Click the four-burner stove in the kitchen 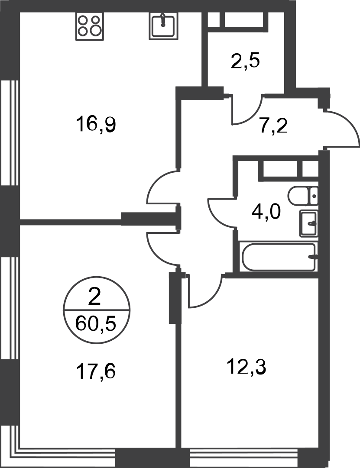click(x=90, y=26)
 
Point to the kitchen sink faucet click(x=163, y=17)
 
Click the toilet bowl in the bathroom click(x=298, y=195)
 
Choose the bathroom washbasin click(x=308, y=223)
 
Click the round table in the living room click(x=97, y=310)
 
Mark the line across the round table click(x=97, y=310)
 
